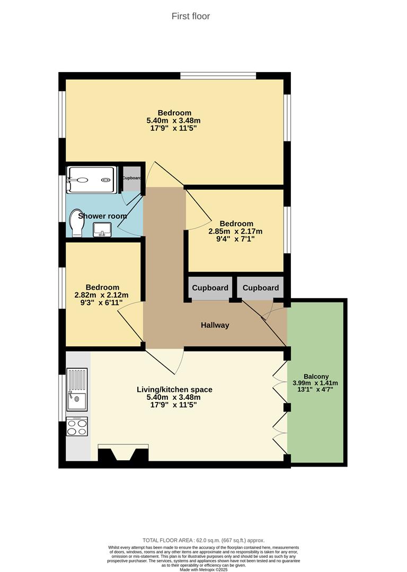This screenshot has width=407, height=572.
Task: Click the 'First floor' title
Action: [191, 16]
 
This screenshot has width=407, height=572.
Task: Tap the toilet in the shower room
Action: [76, 224]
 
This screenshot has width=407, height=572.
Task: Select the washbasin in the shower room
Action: [102, 229]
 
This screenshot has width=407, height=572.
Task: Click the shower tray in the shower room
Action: [91, 180]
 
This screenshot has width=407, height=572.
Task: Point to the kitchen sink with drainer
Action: [77, 389]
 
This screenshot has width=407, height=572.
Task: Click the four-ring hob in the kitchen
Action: [77, 426]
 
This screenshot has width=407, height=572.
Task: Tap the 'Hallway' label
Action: [215, 325]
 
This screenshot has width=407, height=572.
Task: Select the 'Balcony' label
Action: [316, 377]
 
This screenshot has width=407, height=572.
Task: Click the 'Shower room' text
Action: [102, 216]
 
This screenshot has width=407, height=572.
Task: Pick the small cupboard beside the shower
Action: [132, 178]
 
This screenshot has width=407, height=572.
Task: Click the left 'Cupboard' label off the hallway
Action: [210, 288]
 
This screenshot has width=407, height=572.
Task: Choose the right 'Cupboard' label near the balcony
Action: [261, 288]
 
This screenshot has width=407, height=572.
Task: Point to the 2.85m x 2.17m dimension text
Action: [236, 231]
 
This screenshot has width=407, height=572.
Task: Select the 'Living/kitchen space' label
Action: [174, 390]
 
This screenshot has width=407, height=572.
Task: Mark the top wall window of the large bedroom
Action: [218, 76]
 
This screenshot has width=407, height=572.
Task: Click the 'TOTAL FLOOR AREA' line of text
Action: [203, 540]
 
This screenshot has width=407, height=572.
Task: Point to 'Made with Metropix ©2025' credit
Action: [203, 569]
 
